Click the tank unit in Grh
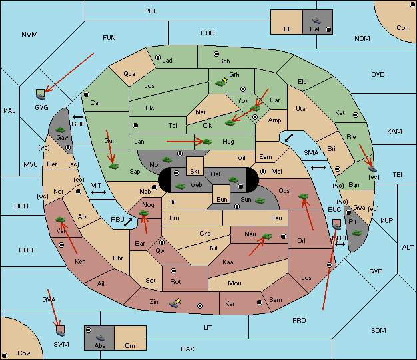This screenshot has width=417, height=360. tap(220, 83)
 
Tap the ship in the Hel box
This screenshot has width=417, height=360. tap(316, 21)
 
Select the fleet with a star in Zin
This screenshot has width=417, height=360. tap(174, 303)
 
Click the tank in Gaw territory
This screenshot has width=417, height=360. tap(61, 130)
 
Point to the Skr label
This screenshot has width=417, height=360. tap(195, 172)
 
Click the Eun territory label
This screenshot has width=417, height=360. tap(222, 199)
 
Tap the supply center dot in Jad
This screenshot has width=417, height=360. tap(158, 57)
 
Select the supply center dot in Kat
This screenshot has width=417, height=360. tap(356, 115)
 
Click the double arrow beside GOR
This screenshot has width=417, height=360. tap(77, 117)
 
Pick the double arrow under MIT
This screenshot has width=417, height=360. tap(99, 192)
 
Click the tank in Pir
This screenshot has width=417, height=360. tap(356, 233)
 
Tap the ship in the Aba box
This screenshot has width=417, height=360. tap(100, 338)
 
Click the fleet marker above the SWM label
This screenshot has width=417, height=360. tap(61, 331)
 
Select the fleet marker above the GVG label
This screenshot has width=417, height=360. tap(41, 94)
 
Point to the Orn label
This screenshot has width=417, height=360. tap(130, 345)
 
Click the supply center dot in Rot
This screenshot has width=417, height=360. tap(173, 271)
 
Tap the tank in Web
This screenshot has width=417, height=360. tap(181, 186)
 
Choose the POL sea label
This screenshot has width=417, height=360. tap(151, 11)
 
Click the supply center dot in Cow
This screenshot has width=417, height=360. tap(5, 355)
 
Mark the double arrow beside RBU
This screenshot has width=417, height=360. tap(128, 222)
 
